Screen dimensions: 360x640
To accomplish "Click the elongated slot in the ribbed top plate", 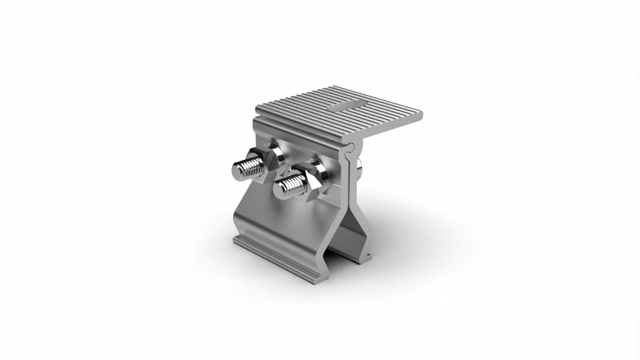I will click(346, 105).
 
